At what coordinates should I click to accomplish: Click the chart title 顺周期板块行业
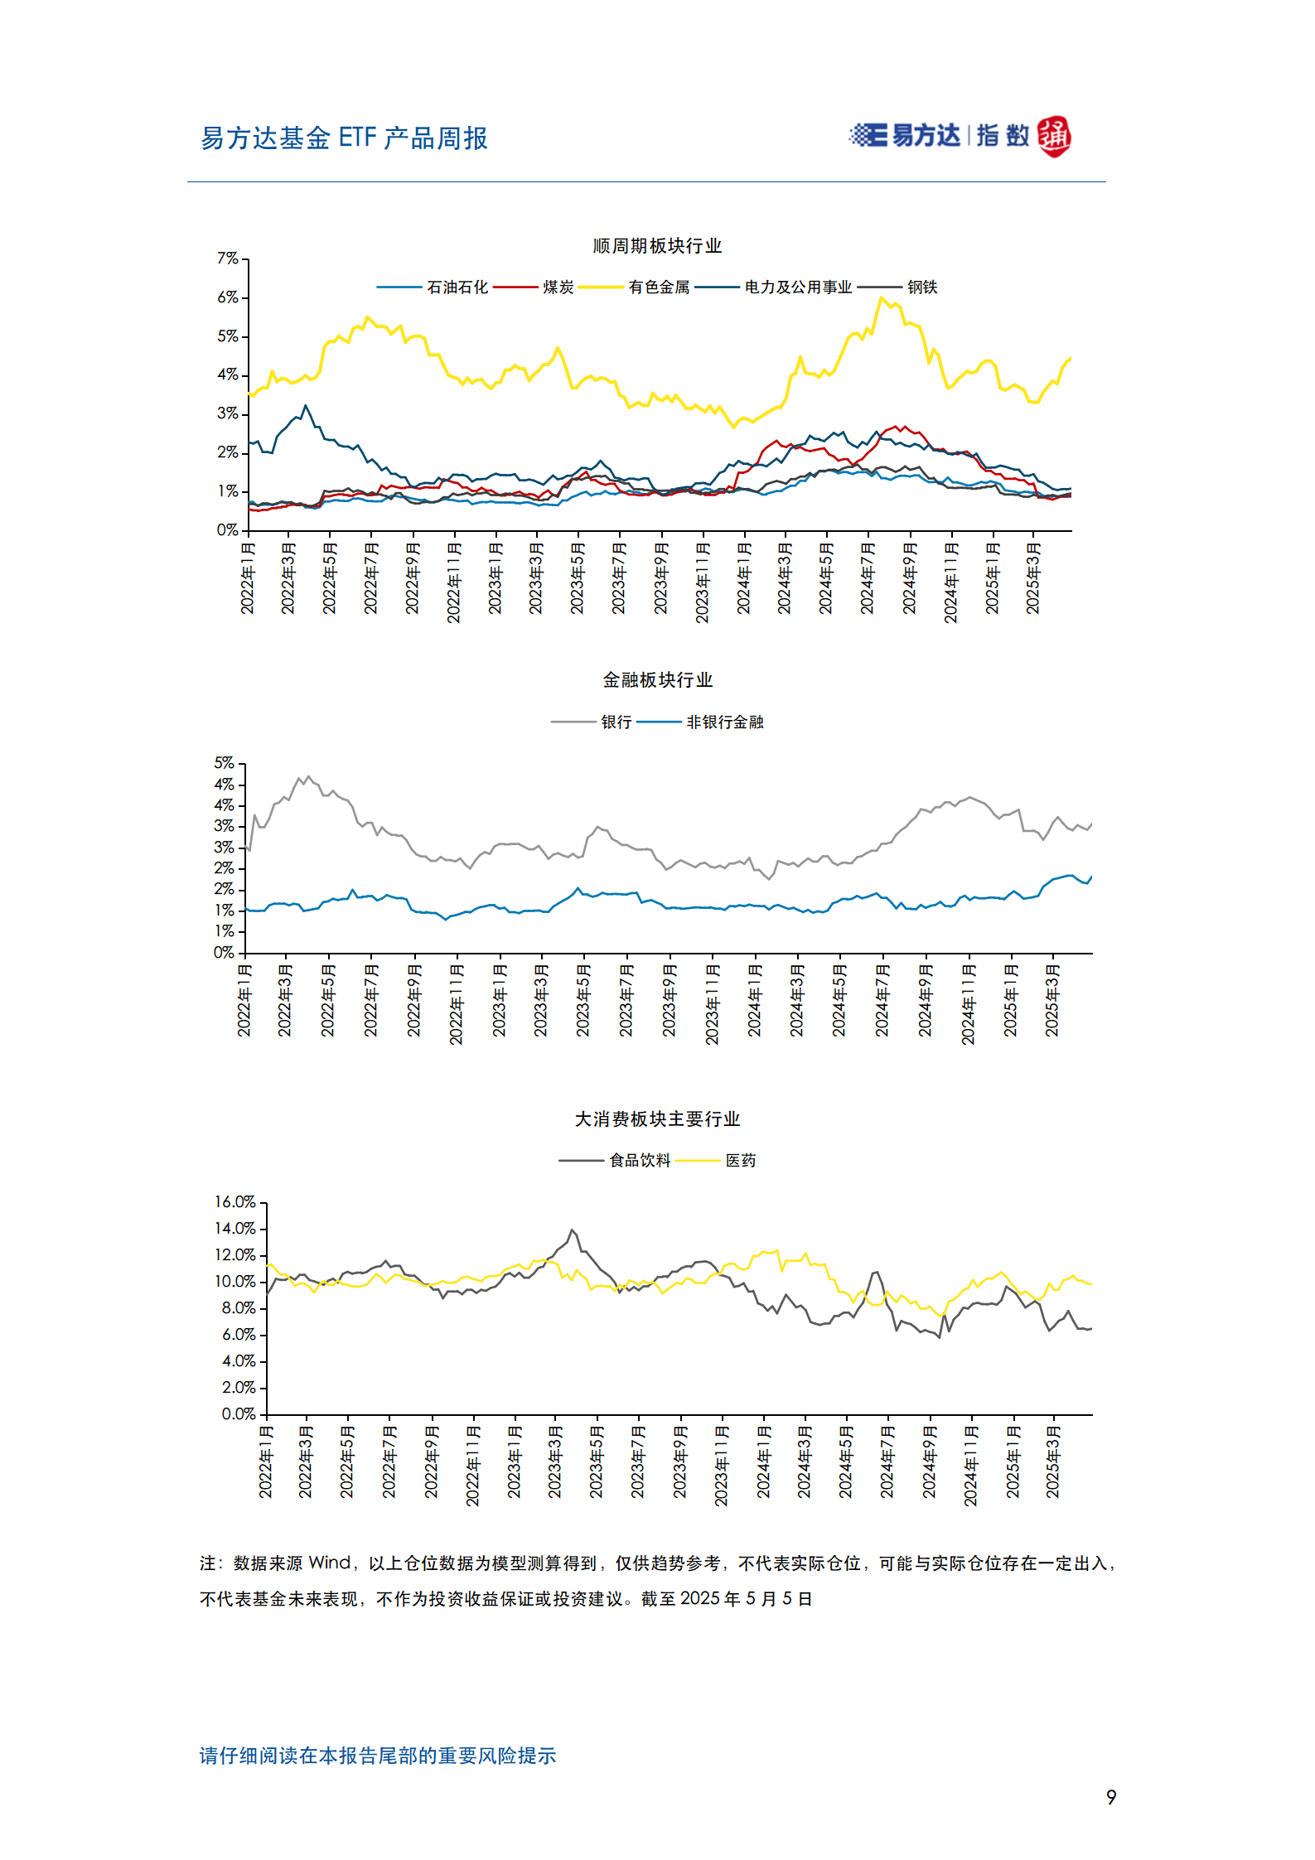(657, 246)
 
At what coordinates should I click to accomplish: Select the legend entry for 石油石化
(457, 287)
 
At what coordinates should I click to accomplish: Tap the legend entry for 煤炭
(558, 287)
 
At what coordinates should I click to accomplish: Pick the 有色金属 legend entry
(659, 287)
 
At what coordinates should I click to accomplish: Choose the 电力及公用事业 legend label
(798, 287)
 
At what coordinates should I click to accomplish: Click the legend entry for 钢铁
(921, 287)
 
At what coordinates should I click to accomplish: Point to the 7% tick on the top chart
(228, 259)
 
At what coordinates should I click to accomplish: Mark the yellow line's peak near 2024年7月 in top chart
(881, 298)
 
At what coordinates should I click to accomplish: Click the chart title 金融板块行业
(657, 680)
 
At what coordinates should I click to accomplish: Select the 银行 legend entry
(616, 722)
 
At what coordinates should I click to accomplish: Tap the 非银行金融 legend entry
(724, 722)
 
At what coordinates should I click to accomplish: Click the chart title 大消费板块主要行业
(657, 1119)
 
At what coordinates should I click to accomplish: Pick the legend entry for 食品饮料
(639, 1161)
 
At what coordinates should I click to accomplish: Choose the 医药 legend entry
(740, 1161)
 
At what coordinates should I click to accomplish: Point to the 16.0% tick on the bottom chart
(235, 1202)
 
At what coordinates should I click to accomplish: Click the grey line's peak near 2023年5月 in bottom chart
(572, 1230)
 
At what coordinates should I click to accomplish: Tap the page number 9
(1111, 1797)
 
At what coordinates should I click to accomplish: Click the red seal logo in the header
(1054, 137)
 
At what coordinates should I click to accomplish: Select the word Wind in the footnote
(330, 1563)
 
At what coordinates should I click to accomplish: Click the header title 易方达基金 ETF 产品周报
(344, 138)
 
